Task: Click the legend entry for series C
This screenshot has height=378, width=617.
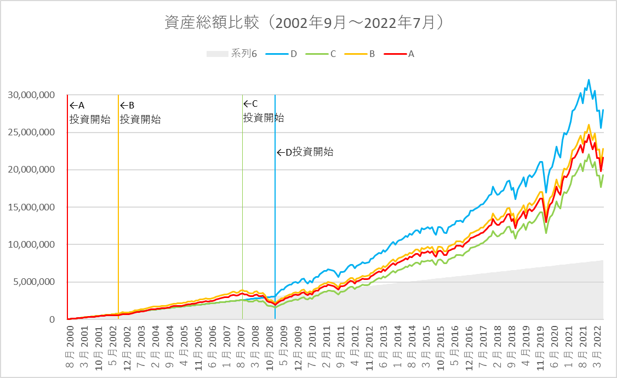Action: tap(322, 54)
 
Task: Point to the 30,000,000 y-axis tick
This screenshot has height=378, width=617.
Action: tap(31, 95)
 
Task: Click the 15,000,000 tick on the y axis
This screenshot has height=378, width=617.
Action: tap(31, 207)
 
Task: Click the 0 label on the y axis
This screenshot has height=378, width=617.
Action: tap(53, 319)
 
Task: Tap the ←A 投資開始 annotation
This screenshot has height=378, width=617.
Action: tap(88, 112)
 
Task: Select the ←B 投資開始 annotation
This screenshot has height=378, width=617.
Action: tap(140, 112)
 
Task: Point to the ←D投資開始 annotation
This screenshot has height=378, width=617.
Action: tap(305, 152)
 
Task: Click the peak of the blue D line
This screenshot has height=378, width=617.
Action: tap(589, 80)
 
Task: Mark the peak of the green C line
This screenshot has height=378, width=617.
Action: tap(589, 154)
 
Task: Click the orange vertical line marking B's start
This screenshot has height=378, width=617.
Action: tap(118, 219)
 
